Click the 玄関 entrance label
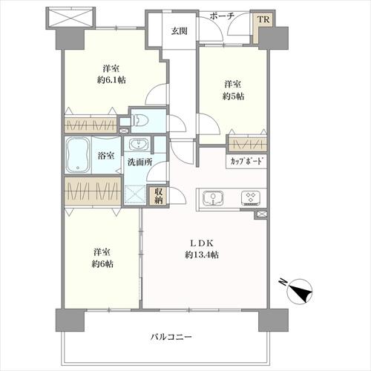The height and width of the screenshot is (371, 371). tap(179, 31)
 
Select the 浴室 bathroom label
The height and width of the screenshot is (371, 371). tap(106, 156)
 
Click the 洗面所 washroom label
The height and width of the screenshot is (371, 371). tap(138, 161)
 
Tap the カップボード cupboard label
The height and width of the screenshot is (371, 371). tap(247, 161)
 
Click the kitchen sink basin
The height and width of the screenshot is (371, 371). tap(211, 198)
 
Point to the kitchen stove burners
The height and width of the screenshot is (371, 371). tap(250, 198)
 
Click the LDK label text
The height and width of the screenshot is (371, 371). tap(202, 243)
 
